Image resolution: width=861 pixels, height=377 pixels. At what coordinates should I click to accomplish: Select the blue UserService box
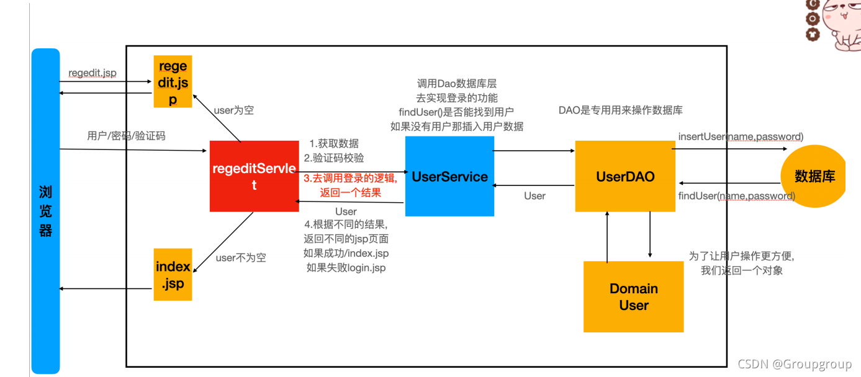tap(449, 177)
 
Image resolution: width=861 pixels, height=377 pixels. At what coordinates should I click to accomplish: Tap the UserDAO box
tap(624, 176)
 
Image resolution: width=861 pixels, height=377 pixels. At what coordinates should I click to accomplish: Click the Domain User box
tap(633, 296)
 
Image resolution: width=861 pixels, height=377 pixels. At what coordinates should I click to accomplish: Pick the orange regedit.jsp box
tap(173, 82)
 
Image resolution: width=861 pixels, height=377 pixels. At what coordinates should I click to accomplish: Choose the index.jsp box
tap(173, 275)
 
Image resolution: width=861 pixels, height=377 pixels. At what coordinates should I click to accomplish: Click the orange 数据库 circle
tap(814, 176)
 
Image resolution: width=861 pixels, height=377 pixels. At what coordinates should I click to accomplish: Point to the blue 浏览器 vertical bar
tap(46, 211)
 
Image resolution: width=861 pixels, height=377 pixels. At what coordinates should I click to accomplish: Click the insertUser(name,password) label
tap(741, 136)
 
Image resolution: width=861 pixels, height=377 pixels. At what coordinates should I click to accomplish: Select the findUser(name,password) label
tap(736, 196)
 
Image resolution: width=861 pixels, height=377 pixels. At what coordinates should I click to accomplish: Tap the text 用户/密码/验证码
tap(127, 136)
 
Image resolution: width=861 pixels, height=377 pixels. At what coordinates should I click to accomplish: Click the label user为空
tap(233, 110)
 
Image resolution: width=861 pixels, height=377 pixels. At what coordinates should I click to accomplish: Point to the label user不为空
tap(241, 257)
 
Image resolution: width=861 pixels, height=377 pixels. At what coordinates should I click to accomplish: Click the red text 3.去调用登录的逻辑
tap(350, 179)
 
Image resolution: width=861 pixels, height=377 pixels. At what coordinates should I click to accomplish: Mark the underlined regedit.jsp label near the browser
tap(92, 73)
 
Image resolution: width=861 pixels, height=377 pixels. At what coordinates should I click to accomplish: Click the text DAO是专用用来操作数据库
tap(621, 110)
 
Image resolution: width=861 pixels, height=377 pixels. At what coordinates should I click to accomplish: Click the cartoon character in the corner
tap(835, 25)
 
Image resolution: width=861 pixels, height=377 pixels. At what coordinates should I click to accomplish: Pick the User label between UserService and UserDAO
tap(534, 196)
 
